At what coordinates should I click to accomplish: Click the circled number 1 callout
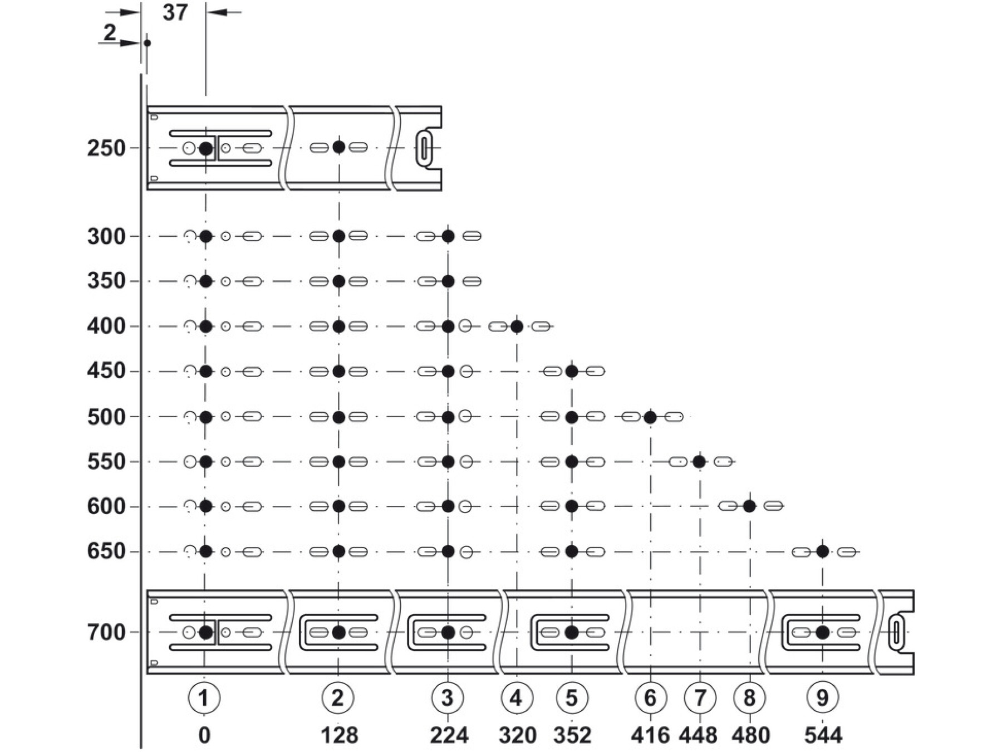(x=204, y=697)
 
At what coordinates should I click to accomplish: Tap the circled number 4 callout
(x=517, y=697)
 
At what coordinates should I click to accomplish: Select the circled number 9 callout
(x=822, y=697)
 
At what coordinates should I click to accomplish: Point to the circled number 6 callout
(x=650, y=697)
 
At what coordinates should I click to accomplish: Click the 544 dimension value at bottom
(x=823, y=736)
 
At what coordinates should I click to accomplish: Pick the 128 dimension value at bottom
(x=339, y=736)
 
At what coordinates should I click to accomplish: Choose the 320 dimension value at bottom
(x=517, y=736)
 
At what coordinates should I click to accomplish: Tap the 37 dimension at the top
(x=175, y=12)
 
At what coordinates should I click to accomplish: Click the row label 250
(x=106, y=149)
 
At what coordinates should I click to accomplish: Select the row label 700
(x=106, y=633)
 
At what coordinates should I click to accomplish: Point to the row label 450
(x=106, y=371)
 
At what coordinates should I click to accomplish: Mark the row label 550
(x=106, y=462)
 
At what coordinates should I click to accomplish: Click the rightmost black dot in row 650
(x=822, y=551)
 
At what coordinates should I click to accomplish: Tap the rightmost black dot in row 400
(x=517, y=326)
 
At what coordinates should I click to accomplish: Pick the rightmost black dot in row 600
(x=749, y=506)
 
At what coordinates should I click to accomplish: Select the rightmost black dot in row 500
(x=650, y=417)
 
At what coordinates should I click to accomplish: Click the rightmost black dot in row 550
(x=700, y=462)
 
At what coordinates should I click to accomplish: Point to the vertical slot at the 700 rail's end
(x=897, y=632)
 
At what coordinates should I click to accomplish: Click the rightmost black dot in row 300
(x=448, y=236)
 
